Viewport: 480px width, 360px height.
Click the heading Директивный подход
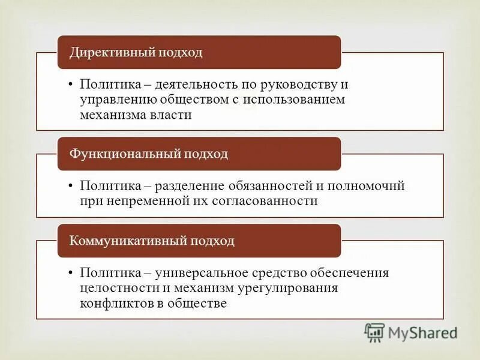[x=136, y=52]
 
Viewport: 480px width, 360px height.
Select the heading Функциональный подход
[x=149, y=154]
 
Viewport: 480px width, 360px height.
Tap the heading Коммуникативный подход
[x=152, y=241]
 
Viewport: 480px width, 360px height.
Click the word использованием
[x=294, y=100]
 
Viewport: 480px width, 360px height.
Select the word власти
[x=173, y=115]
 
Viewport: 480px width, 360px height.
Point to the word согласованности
[x=265, y=201]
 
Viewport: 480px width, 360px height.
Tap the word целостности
[x=113, y=288]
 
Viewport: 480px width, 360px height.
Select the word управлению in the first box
[x=113, y=100]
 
